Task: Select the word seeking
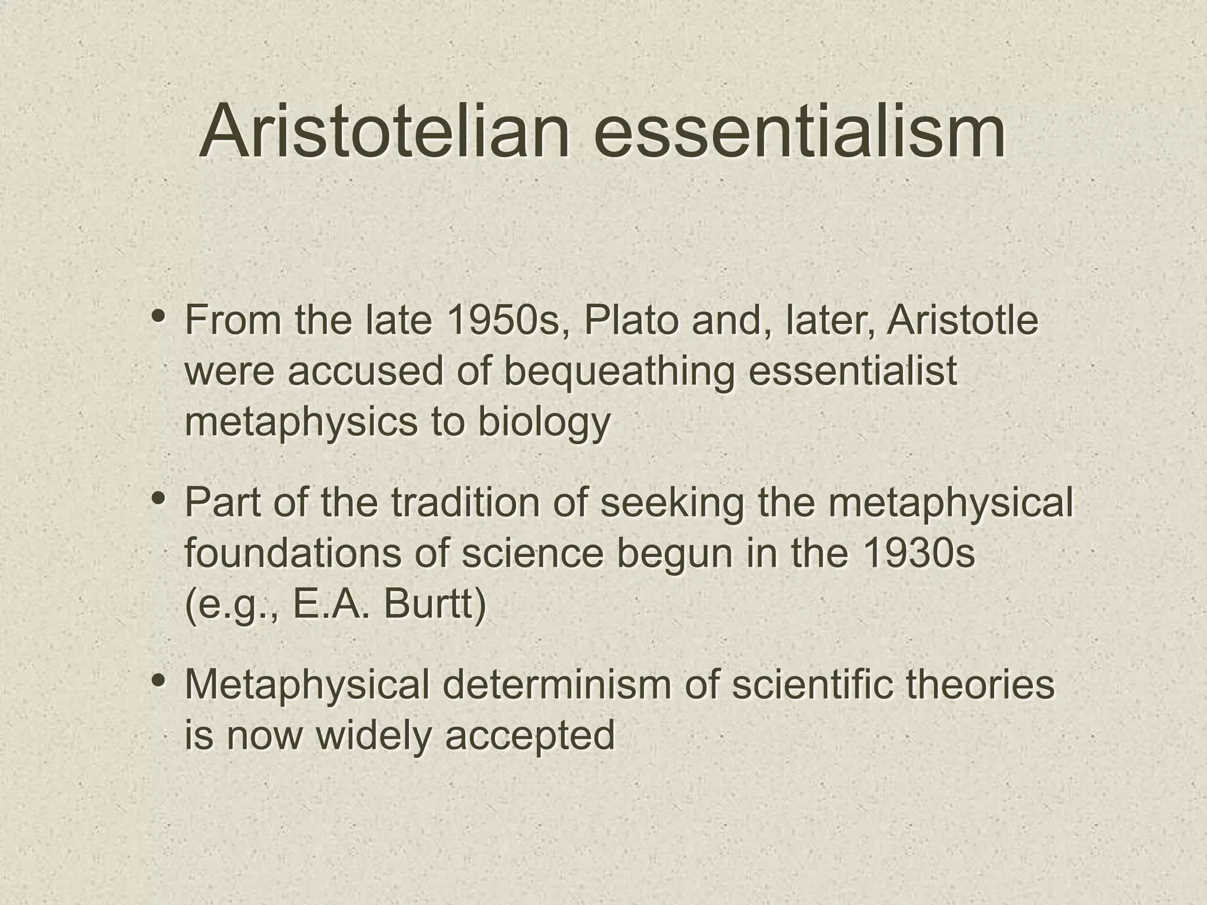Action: point(672,504)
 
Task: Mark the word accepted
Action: point(530,736)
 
